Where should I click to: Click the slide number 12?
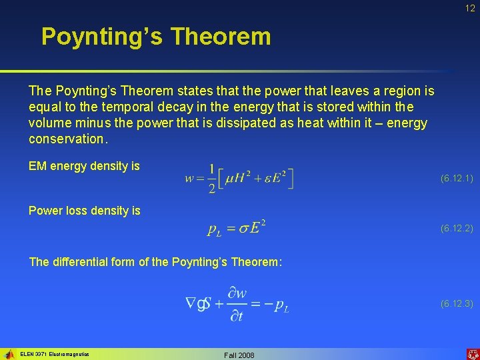[470, 8]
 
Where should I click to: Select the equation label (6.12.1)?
[457, 179]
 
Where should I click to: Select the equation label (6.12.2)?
[457, 229]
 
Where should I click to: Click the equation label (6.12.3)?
[457, 304]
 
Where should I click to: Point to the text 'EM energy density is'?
[84, 166]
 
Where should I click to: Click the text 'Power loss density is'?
[84, 211]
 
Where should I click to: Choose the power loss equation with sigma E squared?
[237, 229]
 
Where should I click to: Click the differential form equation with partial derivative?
[237, 304]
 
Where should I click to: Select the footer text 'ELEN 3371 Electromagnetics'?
[55, 354]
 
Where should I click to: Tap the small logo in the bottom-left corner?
[9, 354]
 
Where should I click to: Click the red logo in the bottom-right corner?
[472, 354]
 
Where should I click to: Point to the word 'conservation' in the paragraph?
[67, 139]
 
